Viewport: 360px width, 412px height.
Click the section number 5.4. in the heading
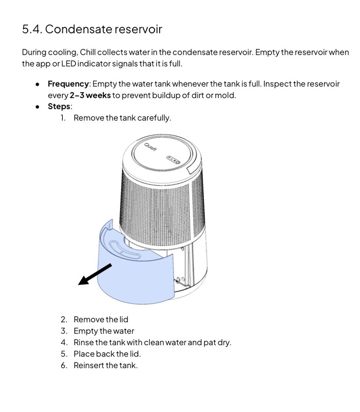pos(31,29)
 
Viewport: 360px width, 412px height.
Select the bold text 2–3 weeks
pos(90,95)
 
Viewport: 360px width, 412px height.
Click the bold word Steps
pos(59,107)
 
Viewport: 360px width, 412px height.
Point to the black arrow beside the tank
pos(95,273)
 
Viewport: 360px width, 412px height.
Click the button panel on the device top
pos(173,160)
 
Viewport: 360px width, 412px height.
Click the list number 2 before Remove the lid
pos(64,320)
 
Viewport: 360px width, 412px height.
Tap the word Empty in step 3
pos(85,331)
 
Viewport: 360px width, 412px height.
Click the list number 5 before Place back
pos(64,354)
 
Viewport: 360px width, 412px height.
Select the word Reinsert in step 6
pos(89,365)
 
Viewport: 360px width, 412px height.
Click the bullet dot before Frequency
pos(38,84)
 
